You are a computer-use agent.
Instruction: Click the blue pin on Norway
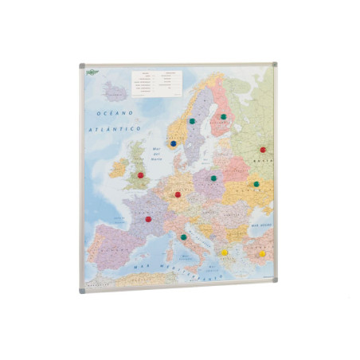pos(173,144)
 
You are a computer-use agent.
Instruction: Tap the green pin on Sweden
pos(192,121)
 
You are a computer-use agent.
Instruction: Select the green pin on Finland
pos(224,117)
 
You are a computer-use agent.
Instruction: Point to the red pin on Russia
pos(262,149)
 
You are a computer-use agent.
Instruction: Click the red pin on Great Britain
pos(141,174)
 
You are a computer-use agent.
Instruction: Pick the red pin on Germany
pos(178,194)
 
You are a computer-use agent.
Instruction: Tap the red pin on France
pos(148,219)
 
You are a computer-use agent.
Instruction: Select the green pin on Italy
pos(184,237)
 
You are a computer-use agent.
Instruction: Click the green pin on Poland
pos(213,178)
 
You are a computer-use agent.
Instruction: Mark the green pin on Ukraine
pos(256,184)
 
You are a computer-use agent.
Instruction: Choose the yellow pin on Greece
pos(225,252)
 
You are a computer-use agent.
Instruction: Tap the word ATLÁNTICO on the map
pos(115,128)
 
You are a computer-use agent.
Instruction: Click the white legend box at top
pos(156,80)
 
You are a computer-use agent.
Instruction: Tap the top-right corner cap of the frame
pos(276,64)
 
